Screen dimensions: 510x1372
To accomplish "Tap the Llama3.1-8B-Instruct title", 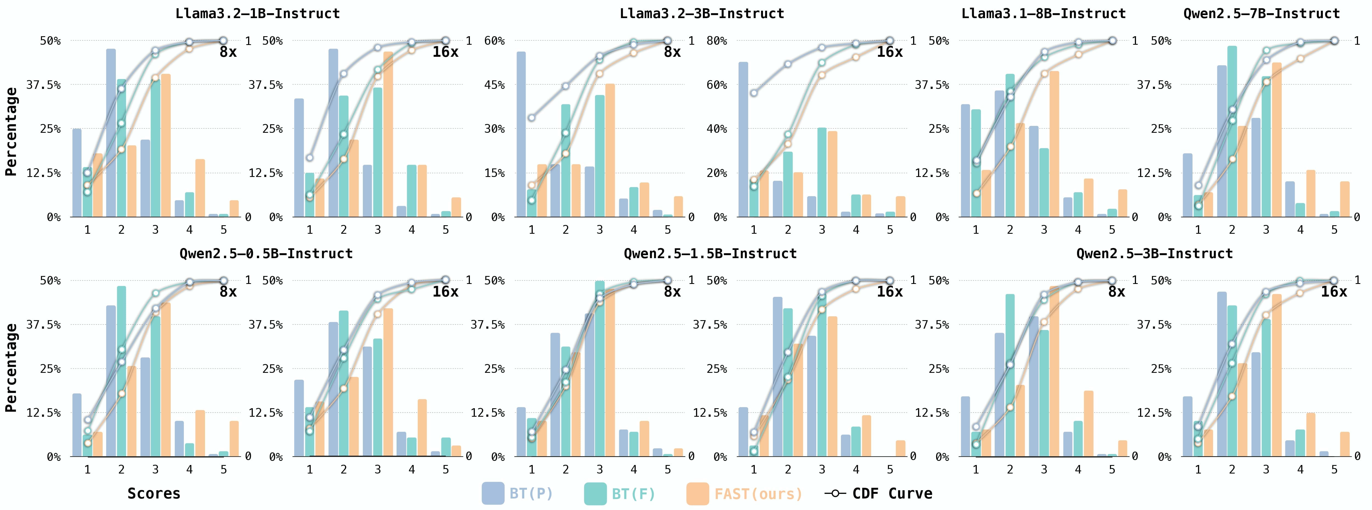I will pyautogui.click(x=1043, y=13).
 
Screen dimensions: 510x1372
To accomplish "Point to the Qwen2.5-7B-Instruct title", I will pyautogui.click(x=1261, y=13).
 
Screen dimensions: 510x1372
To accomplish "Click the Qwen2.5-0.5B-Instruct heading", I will pyautogui.click(x=266, y=253).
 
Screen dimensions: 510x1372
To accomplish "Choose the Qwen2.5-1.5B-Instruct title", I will pyautogui.click(x=710, y=253).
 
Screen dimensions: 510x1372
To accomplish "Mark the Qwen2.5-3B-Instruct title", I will pyautogui.click(x=1154, y=253).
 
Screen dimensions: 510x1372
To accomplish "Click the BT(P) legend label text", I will pyautogui.click(x=531, y=494).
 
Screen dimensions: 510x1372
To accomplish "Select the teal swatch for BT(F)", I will pyautogui.click(x=595, y=494).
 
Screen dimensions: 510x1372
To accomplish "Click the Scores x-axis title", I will pyautogui.click(x=154, y=494).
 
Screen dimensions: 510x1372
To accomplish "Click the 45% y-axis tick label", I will pyautogui.click(x=494, y=85).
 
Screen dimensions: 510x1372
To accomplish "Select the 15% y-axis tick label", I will pyautogui.click(x=494, y=173).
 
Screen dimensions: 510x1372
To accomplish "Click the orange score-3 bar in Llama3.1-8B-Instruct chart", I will pyautogui.click(x=1054, y=144).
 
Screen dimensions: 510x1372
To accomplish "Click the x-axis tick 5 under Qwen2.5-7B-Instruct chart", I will pyautogui.click(x=1334, y=230).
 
